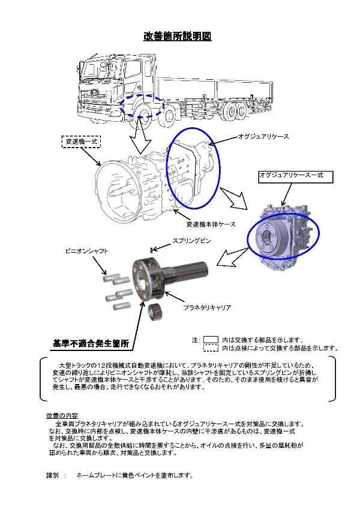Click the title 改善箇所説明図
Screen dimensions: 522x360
point(177,36)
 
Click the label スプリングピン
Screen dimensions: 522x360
point(190,241)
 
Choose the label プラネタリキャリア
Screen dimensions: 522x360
point(207,307)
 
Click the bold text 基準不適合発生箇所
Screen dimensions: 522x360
point(91,343)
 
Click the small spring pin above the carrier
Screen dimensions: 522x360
point(153,248)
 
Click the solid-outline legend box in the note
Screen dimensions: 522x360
point(211,338)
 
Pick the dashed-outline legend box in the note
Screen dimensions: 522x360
point(211,347)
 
